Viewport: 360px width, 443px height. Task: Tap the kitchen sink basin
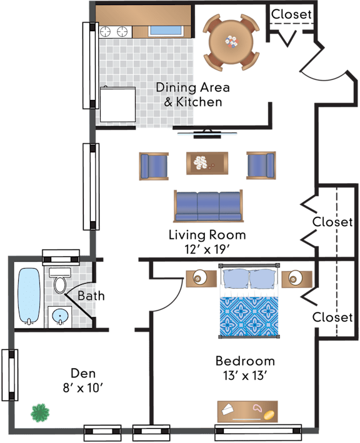point(166,31)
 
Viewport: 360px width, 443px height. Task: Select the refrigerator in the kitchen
point(117,104)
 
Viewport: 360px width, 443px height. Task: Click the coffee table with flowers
point(207,163)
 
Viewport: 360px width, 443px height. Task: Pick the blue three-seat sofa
point(208,206)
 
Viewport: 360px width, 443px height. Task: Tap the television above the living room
point(207,134)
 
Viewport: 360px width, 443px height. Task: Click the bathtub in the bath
point(29,296)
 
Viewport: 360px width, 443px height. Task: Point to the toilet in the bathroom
point(59,281)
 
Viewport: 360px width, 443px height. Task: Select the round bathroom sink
point(60,316)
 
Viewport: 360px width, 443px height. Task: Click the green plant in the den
point(40,413)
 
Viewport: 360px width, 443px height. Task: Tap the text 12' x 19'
point(206,249)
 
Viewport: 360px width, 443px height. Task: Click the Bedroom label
point(245,361)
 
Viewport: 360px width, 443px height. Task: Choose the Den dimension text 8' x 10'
point(82,388)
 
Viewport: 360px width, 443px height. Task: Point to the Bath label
point(91,296)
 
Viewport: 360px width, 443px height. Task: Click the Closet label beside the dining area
point(291,14)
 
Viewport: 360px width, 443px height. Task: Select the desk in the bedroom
point(247,411)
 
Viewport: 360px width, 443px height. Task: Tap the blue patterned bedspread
point(249,316)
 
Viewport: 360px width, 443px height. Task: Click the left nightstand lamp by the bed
point(200,277)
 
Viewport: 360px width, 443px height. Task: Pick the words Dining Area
point(192,87)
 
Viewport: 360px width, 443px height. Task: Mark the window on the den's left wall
point(10,375)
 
